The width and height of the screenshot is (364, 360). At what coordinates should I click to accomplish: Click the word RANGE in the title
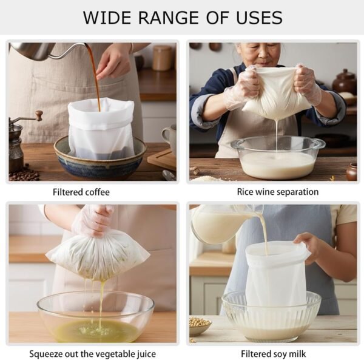169,18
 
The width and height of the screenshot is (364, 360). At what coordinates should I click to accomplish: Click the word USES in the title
259,18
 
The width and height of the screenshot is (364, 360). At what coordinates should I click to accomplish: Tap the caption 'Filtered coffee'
81,192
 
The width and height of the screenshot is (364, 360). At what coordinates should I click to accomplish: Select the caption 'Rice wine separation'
278,192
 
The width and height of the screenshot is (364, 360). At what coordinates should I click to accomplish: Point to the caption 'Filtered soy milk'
273,354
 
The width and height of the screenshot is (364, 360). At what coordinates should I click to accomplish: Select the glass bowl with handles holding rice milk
278,157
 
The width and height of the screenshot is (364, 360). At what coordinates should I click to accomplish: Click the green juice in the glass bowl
96,328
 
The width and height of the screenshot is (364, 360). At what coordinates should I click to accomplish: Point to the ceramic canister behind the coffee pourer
162,58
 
